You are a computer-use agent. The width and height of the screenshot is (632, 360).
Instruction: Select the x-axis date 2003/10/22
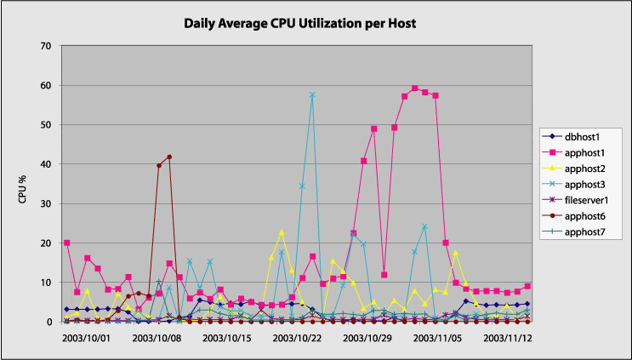pyautogui.click(x=297, y=339)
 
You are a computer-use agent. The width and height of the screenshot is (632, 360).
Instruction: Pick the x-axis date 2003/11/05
pyautogui.click(x=436, y=339)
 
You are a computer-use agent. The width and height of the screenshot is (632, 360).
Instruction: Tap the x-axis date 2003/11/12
pyautogui.click(x=507, y=339)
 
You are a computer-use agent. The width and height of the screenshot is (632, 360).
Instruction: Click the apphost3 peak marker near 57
pyautogui.click(x=312, y=95)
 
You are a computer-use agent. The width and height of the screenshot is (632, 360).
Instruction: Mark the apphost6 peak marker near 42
pyautogui.click(x=169, y=157)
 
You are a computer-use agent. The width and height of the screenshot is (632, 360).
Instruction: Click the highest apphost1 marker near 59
pyautogui.click(x=415, y=89)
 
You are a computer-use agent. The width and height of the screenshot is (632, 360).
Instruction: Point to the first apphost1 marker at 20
pyautogui.click(x=67, y=243)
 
